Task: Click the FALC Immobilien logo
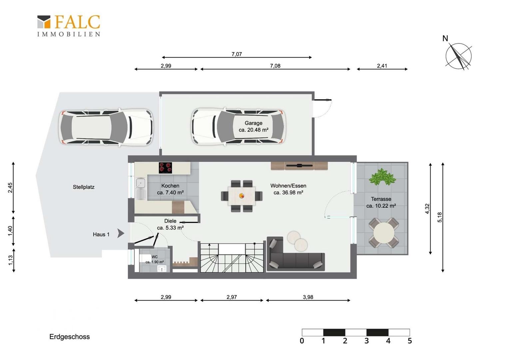[x=69, y=26]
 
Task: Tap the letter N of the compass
[x=445, y=38]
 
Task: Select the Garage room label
[x=254, y=126]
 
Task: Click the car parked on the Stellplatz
[x=106, y=127]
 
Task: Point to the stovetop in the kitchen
[x=166, y=168]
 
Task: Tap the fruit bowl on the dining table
[x=242, y=196]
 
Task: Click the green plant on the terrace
[x=382, y=177]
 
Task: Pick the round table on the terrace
[x=384, y=233]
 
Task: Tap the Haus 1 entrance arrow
[x=121, y=233]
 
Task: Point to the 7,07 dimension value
[x=237, y=54]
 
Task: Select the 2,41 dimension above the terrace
[x=382, y=66]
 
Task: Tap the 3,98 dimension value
[x=308, y=297]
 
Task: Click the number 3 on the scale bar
[x=366, y=341]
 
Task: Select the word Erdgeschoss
[x=70, y=337]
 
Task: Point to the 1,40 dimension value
[x=10, y=231]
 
